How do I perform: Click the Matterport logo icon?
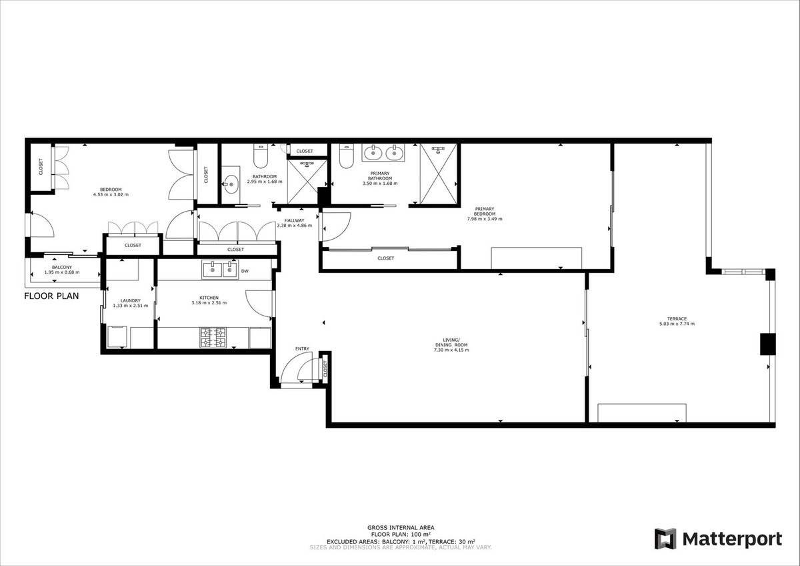pyautogui.click(x=665, y=539)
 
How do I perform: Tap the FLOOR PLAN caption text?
pyautogui.click(x=52, y=296)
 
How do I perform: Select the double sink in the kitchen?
pyautogui.click(x=220, y=269)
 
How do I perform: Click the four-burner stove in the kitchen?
pyautogui.click(x=213, y=337)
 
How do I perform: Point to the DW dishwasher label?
pyautogui.click(x=245, y=271)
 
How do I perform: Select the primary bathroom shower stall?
pyautogui.click(x=438, y=174)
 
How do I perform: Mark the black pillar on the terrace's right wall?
pyautogui.click(x=767, y=343)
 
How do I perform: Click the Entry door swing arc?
pyautogui.click(x=293, y=370)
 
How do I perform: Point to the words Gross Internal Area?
pyautogui.click(x=401, y=527)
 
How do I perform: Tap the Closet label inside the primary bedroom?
pyautogui.click(x=385, y=258)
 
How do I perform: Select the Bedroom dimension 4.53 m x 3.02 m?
pyautogui.click(x=110, y=195)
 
